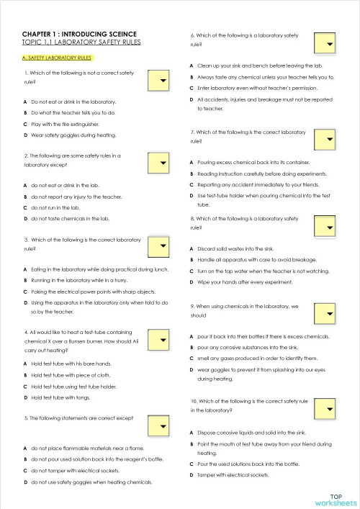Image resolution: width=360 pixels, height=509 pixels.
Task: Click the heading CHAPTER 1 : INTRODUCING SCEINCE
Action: (80, 34)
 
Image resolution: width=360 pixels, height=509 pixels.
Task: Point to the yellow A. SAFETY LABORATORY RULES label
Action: (57, 56)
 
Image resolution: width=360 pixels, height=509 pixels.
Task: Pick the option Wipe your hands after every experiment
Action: (247, 281)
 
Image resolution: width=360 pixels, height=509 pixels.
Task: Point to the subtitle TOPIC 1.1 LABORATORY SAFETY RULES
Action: (82, 43)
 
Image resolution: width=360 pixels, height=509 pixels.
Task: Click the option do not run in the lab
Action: (60, 207)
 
